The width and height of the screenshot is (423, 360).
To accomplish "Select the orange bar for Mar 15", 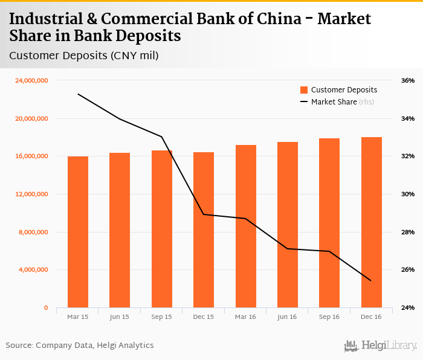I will click(x=78, y=232).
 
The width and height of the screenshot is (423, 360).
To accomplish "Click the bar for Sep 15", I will click(x=162, y=229).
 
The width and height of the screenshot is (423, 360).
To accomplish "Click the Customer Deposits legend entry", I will click(x=339, y=90).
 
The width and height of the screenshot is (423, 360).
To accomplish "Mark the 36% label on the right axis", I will click(x=408, y=80).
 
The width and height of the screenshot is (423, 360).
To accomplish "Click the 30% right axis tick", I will click(x=408, y=194).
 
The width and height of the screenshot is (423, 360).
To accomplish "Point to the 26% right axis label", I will click(x=408, y=270).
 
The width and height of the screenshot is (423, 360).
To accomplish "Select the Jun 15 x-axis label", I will click(x=120, y=317).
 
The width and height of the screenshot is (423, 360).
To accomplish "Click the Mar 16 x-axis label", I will click(x=246, y=317).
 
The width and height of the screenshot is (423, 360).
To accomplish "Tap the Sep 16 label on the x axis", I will click(x=329, y=317).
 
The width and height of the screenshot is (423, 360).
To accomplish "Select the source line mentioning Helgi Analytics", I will click(x=80, y=346).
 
